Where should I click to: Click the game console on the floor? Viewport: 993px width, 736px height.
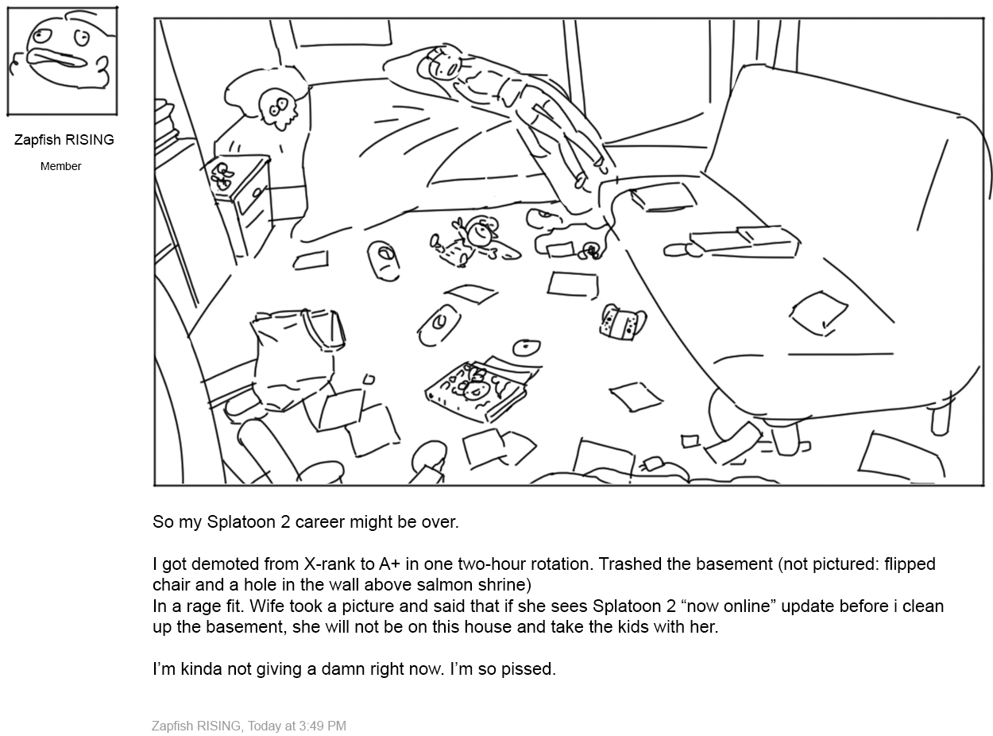(x=622, y=322)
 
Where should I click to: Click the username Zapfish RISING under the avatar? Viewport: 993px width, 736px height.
(x=64, y=140)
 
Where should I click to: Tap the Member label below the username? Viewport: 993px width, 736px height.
(x=61, y=166)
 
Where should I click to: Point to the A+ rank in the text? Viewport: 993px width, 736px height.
(x=389, y=564)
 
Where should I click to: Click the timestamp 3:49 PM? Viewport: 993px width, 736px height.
(x=323, y=726)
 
